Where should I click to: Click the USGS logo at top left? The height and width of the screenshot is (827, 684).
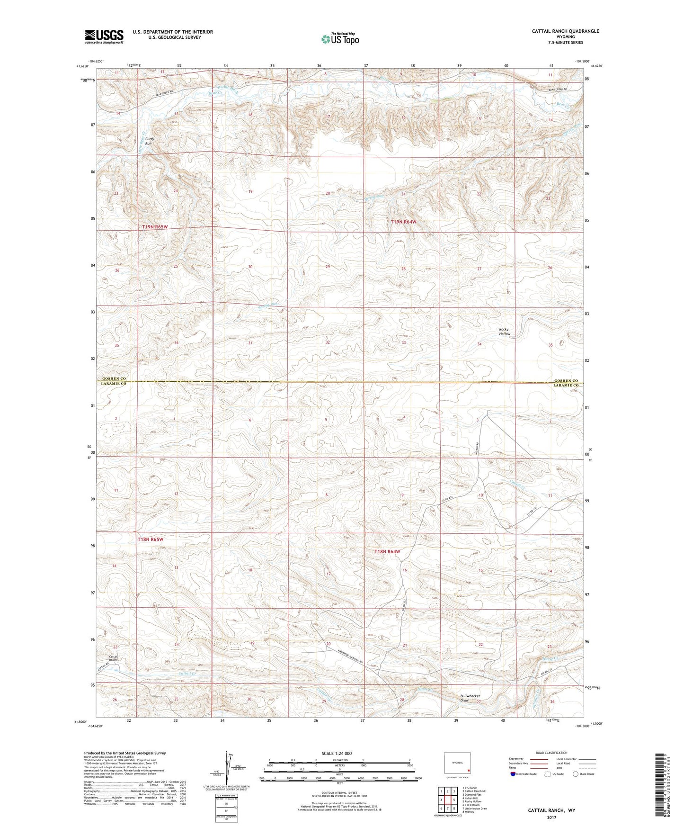pyautogui.click(x=104, y=36)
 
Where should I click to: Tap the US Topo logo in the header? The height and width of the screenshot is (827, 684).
pyautogui.click(x=340, y=39)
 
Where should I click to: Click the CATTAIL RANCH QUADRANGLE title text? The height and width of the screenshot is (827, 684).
pyautogui.click(x=565, y=31)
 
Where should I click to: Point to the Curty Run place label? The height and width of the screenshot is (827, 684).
pyautogui.click(x=149, y=141)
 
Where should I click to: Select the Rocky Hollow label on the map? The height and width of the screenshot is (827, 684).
pyautogui.click(x=504, y=332)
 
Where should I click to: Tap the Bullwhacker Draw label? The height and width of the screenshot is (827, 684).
pyautogui.click(x=470, y=698)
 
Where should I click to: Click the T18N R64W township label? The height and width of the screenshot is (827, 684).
pyautogui.click(x=387, y=551)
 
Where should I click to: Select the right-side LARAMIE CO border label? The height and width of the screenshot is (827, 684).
pyautogui.click(x=566, y=386)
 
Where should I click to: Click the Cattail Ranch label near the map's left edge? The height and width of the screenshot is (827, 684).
pyautogui.click(x=113, y=658)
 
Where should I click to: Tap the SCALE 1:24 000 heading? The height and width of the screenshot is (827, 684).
pyautogui.click(x=337, y=754)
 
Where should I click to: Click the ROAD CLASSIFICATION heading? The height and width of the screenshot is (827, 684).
pyautogui.click(x=551, y=753)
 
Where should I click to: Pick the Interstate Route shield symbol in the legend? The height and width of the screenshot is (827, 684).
pyautogui.click(x=513, y=774)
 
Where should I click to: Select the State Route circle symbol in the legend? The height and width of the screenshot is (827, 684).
pyautogui.click(x=575, y=774)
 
